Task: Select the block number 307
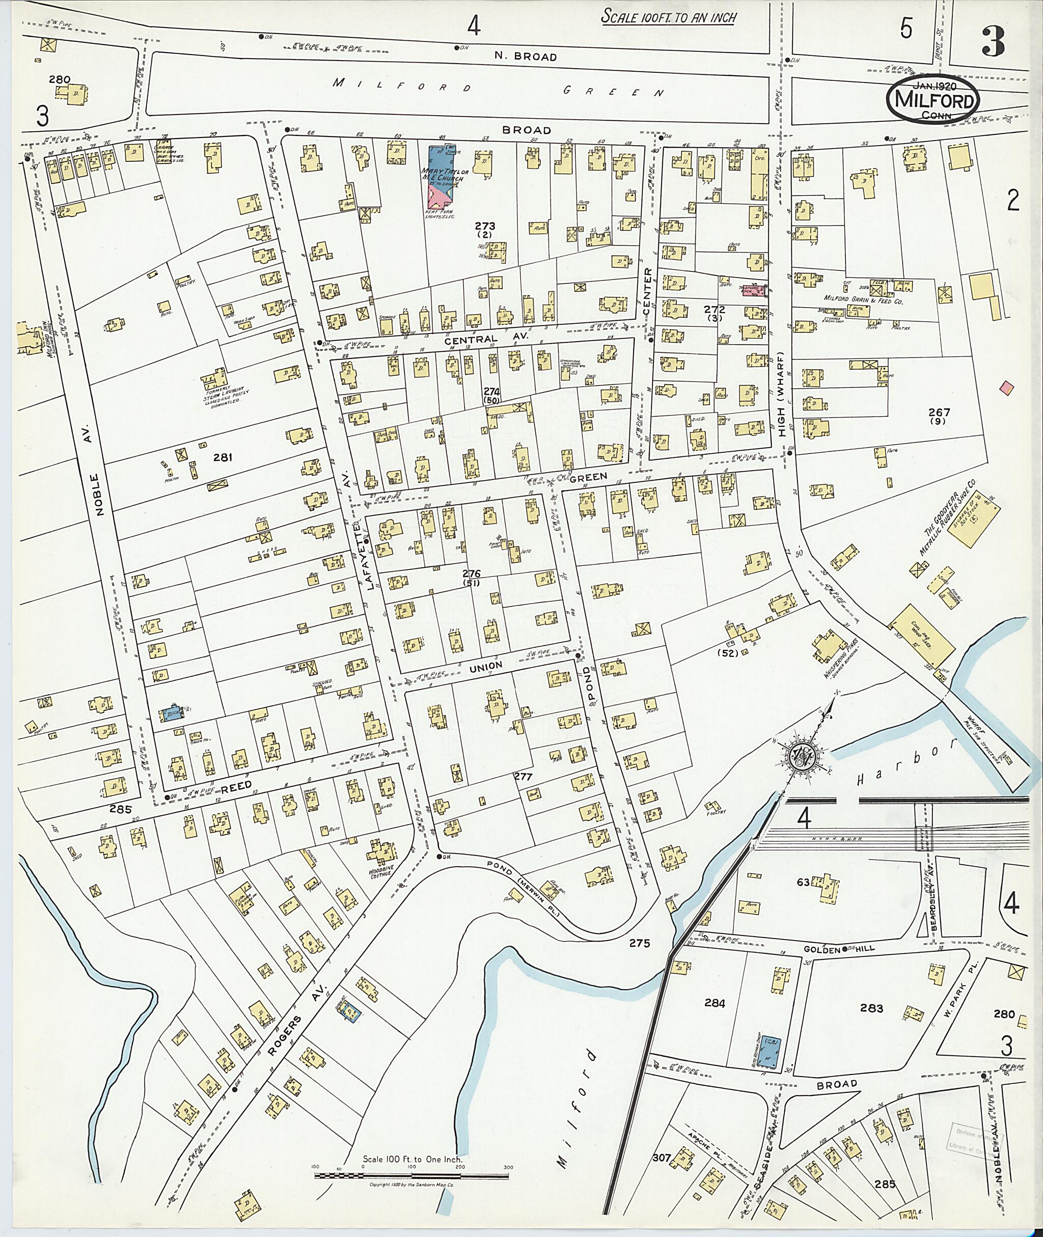tap(663, 1157)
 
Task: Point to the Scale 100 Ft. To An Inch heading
tap(668, 17)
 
